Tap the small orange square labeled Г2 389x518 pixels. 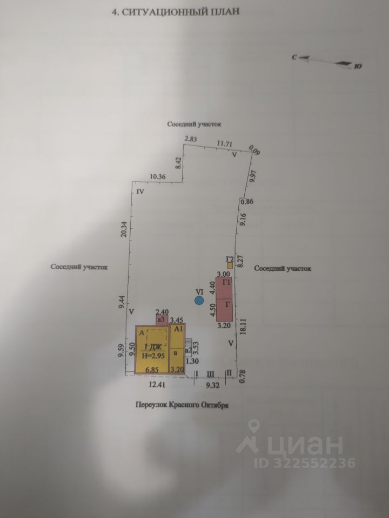pos(230,265)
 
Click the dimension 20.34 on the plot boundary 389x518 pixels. pos(124,229)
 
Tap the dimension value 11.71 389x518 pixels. pos(224,144)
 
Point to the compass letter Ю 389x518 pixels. pos(358,67)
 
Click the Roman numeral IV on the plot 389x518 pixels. pos(140,192)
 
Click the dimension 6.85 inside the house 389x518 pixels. pos(148,370)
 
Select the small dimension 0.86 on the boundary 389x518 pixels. pos(246,202)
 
